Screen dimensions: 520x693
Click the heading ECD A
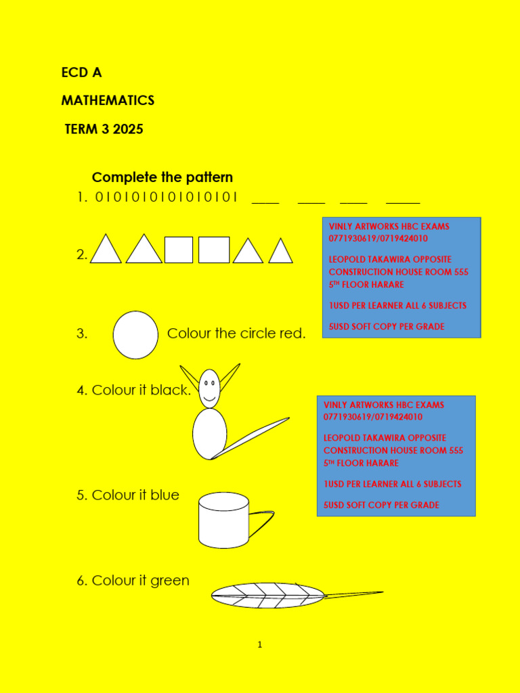[x=81, y=72]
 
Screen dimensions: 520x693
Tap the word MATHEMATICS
[x=108, y=101]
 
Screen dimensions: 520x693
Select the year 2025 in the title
[x=128, y=129]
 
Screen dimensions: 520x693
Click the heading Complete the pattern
[x=162, y=178]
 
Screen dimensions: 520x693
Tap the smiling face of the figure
[x=210, y=388]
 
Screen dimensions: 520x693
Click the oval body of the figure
[x=210, y=434]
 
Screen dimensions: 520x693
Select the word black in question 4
[x=171, y=390]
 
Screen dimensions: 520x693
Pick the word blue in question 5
[x=165, y=495]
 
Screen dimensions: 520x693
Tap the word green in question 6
[x=170, y=581]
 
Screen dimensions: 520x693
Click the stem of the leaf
[x=353, y=594]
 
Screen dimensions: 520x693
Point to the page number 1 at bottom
[x=259, y=645]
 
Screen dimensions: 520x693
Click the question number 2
[x=81, y=254]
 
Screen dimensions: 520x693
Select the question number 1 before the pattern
[x=82, y=197]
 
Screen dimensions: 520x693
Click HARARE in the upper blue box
[x=388, y=285]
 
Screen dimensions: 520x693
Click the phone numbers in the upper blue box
[x=378, y=239]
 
